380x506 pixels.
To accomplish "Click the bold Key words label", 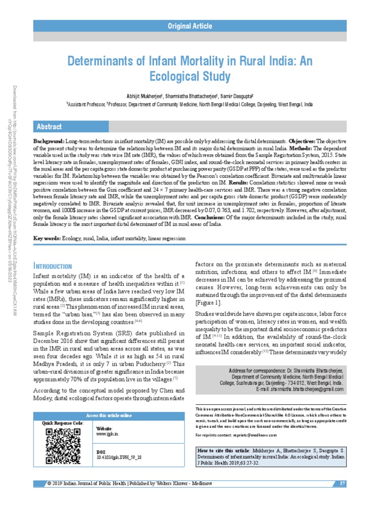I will click(47, 239).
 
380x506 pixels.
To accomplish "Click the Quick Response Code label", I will click(63, 423).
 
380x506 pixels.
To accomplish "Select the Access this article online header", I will click(108, 416).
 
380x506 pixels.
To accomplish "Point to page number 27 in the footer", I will click(342, 483).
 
